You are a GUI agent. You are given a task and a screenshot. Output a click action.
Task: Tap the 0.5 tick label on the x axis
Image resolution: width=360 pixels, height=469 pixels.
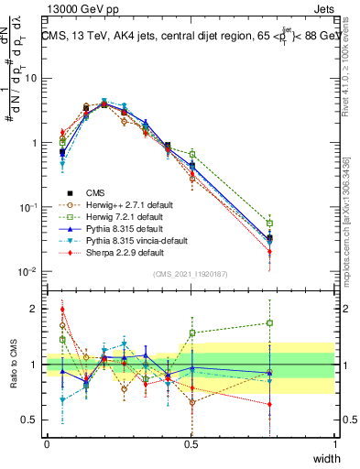[x=191, y=444]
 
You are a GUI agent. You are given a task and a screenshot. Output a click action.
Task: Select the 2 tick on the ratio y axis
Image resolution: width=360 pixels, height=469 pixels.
[x=36, y=309]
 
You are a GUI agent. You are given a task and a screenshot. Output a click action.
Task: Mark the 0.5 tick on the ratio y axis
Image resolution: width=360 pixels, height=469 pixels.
[x=32, y=420]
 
